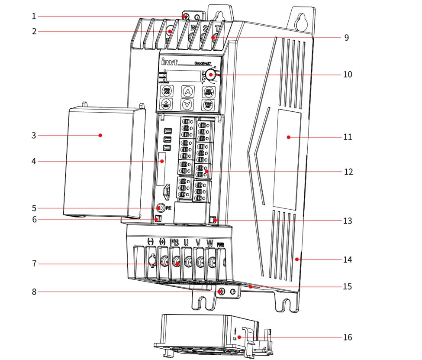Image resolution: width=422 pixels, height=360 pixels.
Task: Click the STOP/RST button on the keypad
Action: (x=209, y=105)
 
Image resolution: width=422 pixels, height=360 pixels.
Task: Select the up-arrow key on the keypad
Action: (x=187, y=91)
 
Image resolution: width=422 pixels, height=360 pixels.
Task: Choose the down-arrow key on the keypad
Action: (x=187, y=104)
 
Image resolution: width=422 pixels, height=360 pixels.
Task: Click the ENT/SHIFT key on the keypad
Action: (x=209, y=91)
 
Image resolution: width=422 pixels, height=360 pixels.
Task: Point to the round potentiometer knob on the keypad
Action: (x=211, y=75)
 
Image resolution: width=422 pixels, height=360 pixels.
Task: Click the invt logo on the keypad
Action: (x=168, y=62)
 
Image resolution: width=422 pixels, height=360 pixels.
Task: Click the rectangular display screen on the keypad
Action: (x=184, y=76)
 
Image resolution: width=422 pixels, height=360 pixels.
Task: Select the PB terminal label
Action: (x=174, y=242)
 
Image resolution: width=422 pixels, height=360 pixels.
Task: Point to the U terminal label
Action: (x=186, y=242)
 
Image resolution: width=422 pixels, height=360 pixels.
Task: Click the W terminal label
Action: (x=209, y=242)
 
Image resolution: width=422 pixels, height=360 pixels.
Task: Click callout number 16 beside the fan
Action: (x=347, y=337)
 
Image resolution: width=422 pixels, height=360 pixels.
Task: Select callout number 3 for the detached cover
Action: (x=33, y=136)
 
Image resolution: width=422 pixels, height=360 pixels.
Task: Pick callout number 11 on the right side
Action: (x=348, y=137)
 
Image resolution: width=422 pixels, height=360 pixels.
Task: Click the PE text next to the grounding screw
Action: (x=168, y=208)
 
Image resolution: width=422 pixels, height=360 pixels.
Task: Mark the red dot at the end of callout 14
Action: (x=296, y=259)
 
